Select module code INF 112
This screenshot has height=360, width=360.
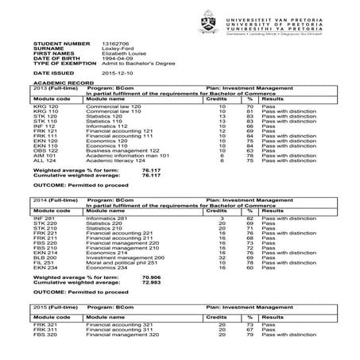tap(45, 126)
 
